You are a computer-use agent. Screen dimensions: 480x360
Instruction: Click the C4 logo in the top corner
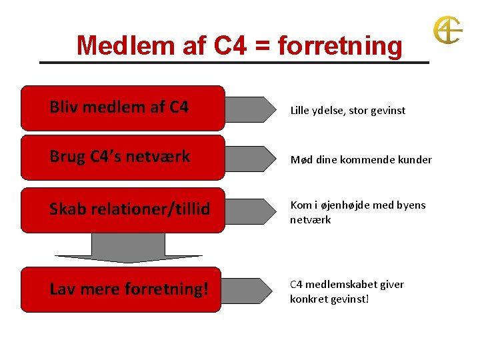[447, 31]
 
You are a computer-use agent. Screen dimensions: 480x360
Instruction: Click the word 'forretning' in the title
[340, 46]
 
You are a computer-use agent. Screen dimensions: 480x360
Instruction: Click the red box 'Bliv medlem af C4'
[123, 107]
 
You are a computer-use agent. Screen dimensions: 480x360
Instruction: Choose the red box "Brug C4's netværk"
[123, 157]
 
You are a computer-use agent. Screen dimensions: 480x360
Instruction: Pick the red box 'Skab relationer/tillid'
[123, 209]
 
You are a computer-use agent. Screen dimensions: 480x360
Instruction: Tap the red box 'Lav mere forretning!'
[123, 289]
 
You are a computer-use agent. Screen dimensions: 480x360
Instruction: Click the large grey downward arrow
[128, 248]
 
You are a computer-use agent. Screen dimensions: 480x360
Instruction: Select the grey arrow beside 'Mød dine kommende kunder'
[250, 159]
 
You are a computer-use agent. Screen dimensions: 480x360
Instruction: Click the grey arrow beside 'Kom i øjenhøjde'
[250, 211]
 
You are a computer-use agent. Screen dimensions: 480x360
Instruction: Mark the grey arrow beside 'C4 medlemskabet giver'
[250, 291]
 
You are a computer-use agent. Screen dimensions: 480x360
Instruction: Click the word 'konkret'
[309, 299]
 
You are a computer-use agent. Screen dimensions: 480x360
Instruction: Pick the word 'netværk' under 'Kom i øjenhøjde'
[310, 219]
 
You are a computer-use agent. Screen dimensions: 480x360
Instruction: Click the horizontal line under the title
[233, 63]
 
